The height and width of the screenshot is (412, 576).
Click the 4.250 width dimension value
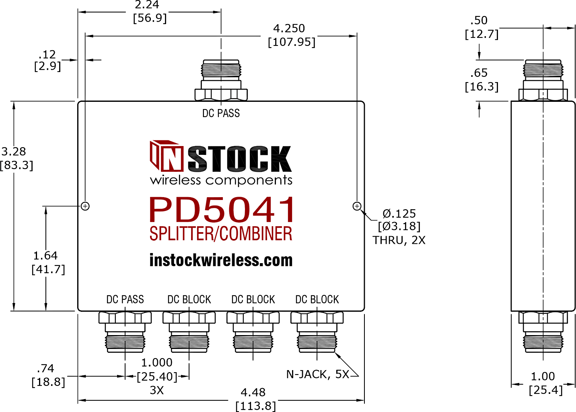coord(289,28)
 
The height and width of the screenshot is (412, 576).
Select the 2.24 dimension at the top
coord(147,5)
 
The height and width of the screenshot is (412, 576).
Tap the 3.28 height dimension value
coord(14,151)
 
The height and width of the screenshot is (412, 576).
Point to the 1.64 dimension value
coord(45,255)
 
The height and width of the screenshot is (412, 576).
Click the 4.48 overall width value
coord(253,392)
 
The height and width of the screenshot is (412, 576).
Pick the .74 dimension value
coord(45,368)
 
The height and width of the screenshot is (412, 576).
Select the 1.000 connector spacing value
coord(157,363)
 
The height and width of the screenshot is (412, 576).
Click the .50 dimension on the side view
coord(479,20)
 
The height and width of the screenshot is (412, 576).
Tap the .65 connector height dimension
coord(479,73)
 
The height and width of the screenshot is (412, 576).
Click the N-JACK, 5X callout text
coord(318,375)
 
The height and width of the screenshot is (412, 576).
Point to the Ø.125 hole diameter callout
coord(399,214)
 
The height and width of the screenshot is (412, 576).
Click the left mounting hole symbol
coord(85,206)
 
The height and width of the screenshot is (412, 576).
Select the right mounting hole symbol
coord(357,206)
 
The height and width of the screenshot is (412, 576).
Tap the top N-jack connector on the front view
coord(221,80)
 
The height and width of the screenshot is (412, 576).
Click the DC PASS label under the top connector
coord(221,113)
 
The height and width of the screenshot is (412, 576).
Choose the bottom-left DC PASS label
coord(125,299)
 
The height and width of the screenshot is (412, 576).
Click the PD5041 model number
coord(222,210)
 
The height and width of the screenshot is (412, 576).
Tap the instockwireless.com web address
coord(221,260)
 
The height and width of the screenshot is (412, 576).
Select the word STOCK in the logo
coord(240,159)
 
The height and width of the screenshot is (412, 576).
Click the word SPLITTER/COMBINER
coord(221,233)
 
